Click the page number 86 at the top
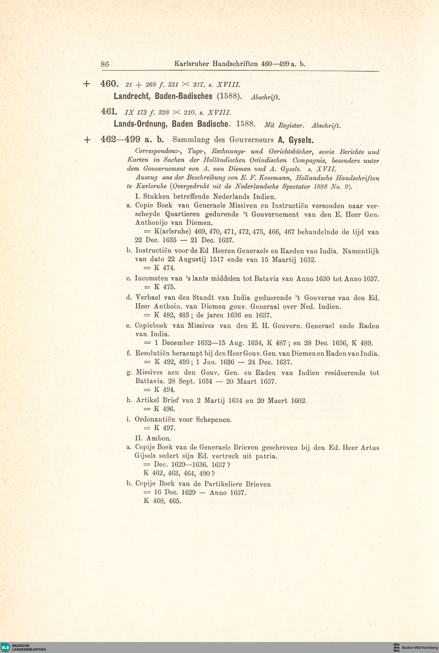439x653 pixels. pos(105,64)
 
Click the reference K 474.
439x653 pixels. pos(165,268)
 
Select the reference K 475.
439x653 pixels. pos(165,287)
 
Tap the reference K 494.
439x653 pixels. pos(165,390)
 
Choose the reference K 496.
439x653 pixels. pos(165,409)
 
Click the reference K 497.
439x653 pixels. pos(165,428)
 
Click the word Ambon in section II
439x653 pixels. pos(160,438)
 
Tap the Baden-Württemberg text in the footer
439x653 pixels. pos(420,647)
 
